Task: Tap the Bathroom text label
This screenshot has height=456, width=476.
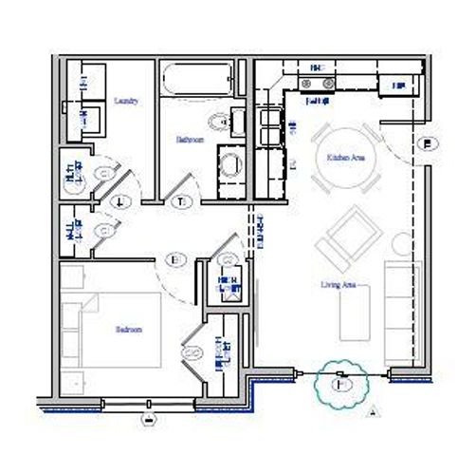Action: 190,139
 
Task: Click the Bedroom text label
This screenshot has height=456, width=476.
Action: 128,330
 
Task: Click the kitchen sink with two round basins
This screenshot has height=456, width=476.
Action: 317,84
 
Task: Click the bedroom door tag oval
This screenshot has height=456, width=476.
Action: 174,257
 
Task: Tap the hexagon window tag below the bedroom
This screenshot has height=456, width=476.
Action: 148,415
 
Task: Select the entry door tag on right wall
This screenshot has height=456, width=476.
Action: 429,143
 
